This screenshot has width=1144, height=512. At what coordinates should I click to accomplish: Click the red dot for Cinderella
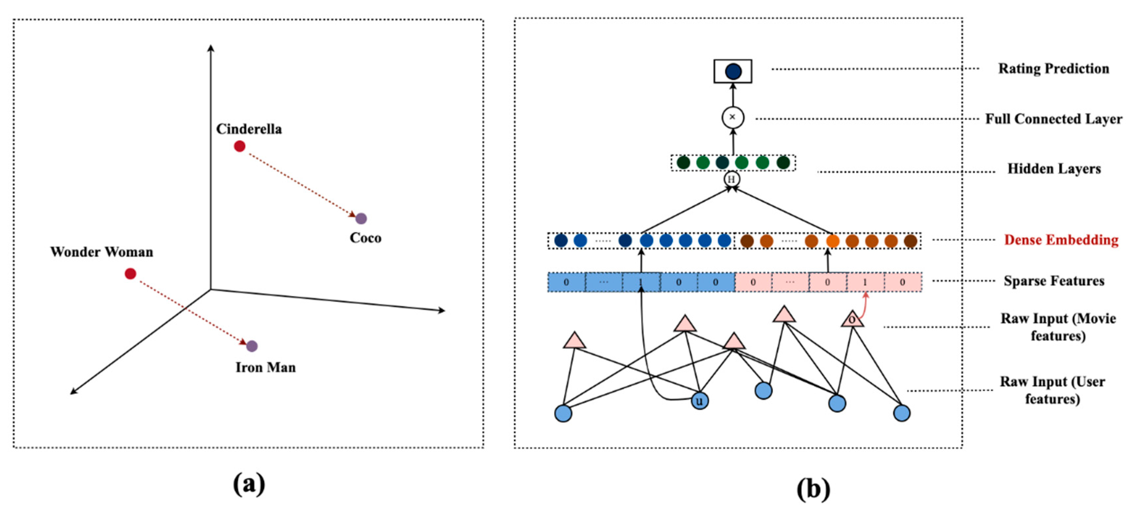(239, 146)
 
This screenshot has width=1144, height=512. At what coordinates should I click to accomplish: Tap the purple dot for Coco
(361, 218)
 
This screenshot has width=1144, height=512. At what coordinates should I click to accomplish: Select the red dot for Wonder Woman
(130, 273)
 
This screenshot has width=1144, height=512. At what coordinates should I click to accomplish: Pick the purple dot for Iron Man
(252, 346)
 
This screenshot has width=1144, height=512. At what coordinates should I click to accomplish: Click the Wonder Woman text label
(102, 252)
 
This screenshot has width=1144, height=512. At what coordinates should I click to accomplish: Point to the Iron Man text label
(266, 367)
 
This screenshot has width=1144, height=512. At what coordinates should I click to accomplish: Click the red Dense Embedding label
(1061, 240)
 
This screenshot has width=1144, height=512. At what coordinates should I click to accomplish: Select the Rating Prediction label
(1053, 69)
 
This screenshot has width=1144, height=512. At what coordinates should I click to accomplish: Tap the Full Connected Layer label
(1053, 119)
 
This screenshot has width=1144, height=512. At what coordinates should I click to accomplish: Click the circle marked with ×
(732, 118)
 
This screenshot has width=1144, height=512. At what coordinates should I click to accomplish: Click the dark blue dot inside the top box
(733, 71)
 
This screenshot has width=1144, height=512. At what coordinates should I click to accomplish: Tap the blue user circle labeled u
(700, 401)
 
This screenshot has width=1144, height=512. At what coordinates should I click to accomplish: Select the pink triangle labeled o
(852, 319)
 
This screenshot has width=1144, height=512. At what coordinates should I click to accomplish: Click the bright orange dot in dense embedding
(832, 241)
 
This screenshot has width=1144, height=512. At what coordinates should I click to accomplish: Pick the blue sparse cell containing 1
(641, 282)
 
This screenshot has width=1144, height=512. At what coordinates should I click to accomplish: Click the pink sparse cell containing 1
(865, 282)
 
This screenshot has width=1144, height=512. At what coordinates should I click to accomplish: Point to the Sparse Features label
(1053, 281)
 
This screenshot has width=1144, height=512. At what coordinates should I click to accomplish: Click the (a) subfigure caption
(249, 484)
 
